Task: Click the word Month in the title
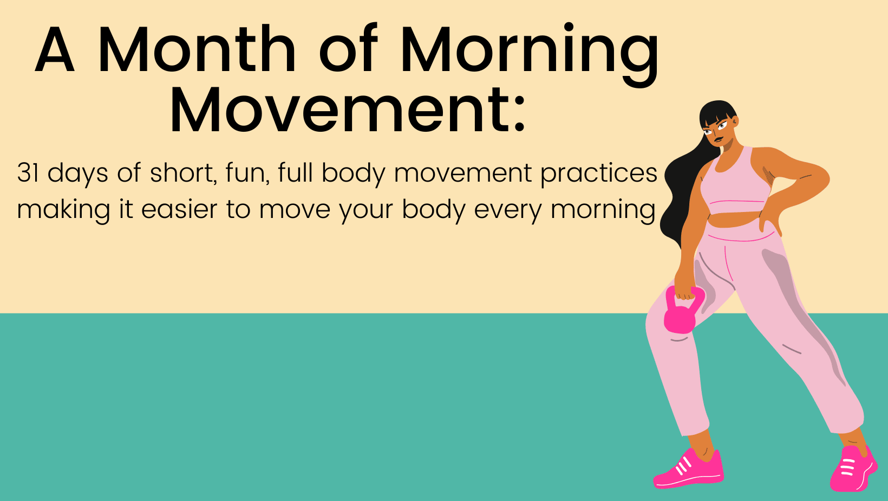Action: click(196, 49)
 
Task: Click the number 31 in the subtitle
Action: click(28, 173)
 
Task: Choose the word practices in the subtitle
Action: click(599, 174)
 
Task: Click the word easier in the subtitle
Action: click(179, 209)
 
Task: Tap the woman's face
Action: click(717, 131)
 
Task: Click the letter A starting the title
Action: click(55, 49)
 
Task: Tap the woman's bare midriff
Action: click(733, 220)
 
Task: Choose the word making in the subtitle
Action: click(63, 210)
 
